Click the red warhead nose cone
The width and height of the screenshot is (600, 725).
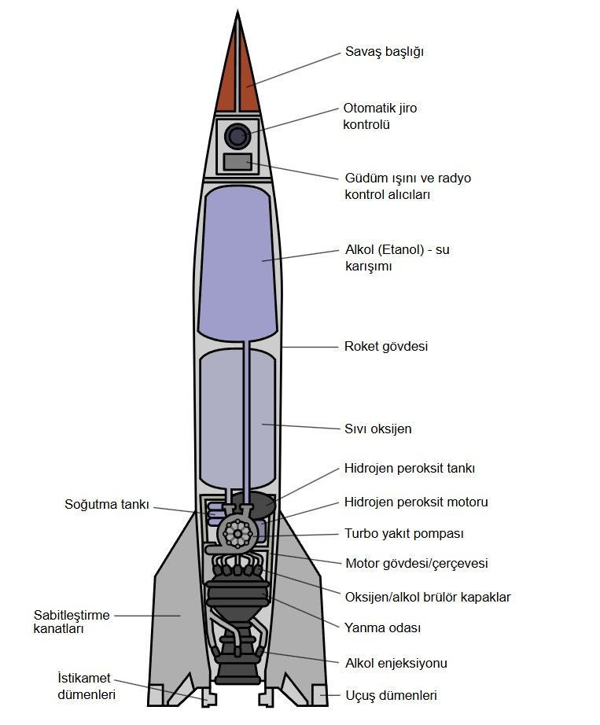pyautogui.click(x=237, y=83)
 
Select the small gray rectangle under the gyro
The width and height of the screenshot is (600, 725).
pyautogui.click(x=237, y=162)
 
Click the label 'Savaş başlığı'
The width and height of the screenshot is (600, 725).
pyautogui.click(x=385, y=52)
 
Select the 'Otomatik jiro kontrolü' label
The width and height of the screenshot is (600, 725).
pyautogui.click(x=380, y=116)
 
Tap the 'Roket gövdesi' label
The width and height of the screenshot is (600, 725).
pyautogui.click(x=386, y=346)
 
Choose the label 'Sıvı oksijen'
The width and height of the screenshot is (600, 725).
pyautogui.click(x=378, y=429)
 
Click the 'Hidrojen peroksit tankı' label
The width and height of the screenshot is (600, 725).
pyautogui.click(x=410, y=468)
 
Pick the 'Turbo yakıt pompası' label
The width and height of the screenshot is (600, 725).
pyautogui.click(x=403, y=533)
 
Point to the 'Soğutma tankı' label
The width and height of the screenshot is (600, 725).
pyautogui.click(x=106, y=504)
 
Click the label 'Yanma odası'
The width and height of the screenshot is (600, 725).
pyautogui.click(x=382, y=627)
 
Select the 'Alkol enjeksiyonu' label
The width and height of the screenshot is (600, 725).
pyautogui.click(x=396, y=663)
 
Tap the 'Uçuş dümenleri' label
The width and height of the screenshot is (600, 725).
pyautogui.click(x=391, y=695)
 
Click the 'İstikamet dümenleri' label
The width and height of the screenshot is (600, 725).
pyautogui.click(x=87, y=686)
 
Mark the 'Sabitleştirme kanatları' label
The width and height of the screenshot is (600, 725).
pyautogui.click(x=72, y=622)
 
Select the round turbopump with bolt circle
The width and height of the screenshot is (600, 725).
pyautogui.click(x=236, y=533)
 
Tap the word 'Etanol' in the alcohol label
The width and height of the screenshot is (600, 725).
pyautogui.click(x=407, y=250)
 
